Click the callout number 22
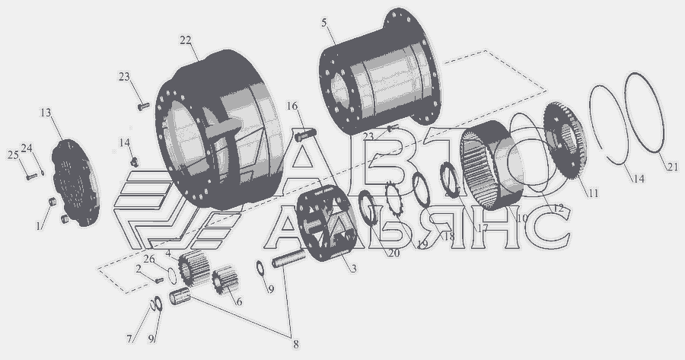(185, 40)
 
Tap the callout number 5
(323, 23)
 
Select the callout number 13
(46, 113)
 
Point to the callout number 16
(292, 106)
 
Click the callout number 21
(672, 167)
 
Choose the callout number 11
(592, 193)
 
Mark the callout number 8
(296, 344)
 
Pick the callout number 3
(353, 268)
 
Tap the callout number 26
(149, 259)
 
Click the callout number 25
(13, 155)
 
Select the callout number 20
(393, 253)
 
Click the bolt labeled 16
(305, 135)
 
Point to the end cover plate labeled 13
(75, 183)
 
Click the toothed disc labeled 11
(566, 141)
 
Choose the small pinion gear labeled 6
(225, 280)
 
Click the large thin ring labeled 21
(645, 113)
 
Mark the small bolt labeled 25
(31, 177)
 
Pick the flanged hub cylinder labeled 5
(381, 72)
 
